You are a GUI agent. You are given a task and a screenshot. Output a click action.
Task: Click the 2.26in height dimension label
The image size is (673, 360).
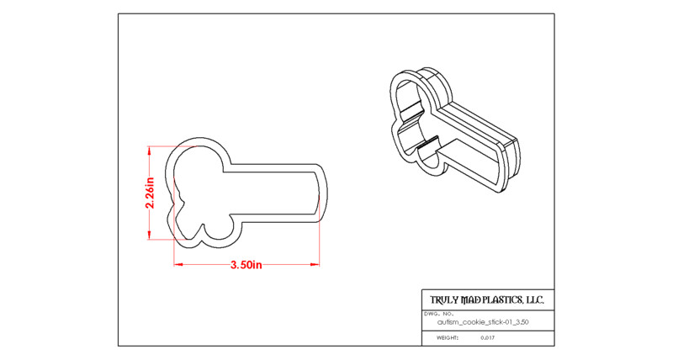tap(150, 193)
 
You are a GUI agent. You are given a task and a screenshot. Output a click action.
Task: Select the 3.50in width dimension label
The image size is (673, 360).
tap(246, 265)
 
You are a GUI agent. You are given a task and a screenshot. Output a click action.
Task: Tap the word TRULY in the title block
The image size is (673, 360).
tap(444, 300)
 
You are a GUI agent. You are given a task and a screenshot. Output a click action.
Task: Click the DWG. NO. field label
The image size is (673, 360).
tap(436, 314)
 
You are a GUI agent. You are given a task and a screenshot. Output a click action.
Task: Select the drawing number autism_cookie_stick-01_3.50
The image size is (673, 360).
tap(483, 322)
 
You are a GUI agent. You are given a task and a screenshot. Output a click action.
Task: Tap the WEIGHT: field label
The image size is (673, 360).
tap(448, 337)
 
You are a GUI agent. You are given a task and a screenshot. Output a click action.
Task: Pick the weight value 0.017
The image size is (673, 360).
tap(488, 337)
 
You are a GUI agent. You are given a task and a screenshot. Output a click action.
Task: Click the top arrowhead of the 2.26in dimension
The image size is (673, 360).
tap(150, 149)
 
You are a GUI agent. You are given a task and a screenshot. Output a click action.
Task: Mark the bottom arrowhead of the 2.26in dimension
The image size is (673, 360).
tap(150, 236)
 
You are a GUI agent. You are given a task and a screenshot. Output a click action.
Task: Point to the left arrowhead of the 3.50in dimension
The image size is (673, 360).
tap(177, 264)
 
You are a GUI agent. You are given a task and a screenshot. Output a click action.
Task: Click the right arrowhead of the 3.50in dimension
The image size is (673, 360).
tap(316, 264)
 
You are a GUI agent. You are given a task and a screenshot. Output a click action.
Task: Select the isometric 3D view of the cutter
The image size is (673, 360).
tap(455, 130)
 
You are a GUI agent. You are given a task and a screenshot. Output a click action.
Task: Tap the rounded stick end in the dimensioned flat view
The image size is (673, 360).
tap(323, 193)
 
